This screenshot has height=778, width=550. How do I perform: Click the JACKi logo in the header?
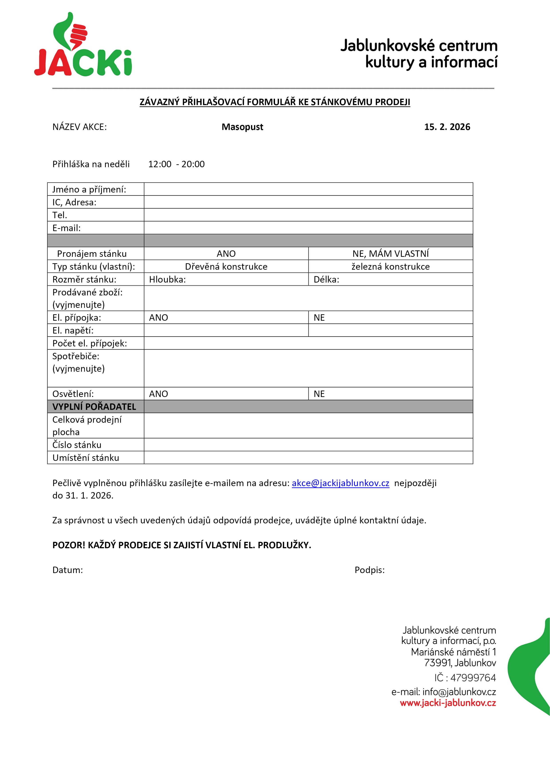pos(83,46)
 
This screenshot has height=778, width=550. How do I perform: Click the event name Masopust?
pos(242,127)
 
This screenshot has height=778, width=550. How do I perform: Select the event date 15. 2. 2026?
pos(447,127)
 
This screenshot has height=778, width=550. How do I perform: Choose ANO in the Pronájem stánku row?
pos(226,253)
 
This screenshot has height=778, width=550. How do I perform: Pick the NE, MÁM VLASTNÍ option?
pos(390,253)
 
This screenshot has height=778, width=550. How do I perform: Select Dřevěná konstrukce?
pos(226,267)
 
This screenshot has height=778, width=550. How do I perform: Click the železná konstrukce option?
pos(390,267)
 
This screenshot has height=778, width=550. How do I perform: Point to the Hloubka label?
pos(167,279)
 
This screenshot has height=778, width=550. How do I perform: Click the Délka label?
pos(326,279)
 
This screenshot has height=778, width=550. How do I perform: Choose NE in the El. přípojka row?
pos(319,318)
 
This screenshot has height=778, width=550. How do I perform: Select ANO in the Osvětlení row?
pos(159,394)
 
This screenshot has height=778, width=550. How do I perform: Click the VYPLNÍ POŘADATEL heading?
pos(94,407)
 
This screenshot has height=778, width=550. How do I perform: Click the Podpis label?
pos(369,570)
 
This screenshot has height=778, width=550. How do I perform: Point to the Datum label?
pos(67,570)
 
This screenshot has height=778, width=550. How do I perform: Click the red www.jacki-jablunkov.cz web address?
pos(448,703)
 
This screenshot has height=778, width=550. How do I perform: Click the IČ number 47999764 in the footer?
pos(473,678)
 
